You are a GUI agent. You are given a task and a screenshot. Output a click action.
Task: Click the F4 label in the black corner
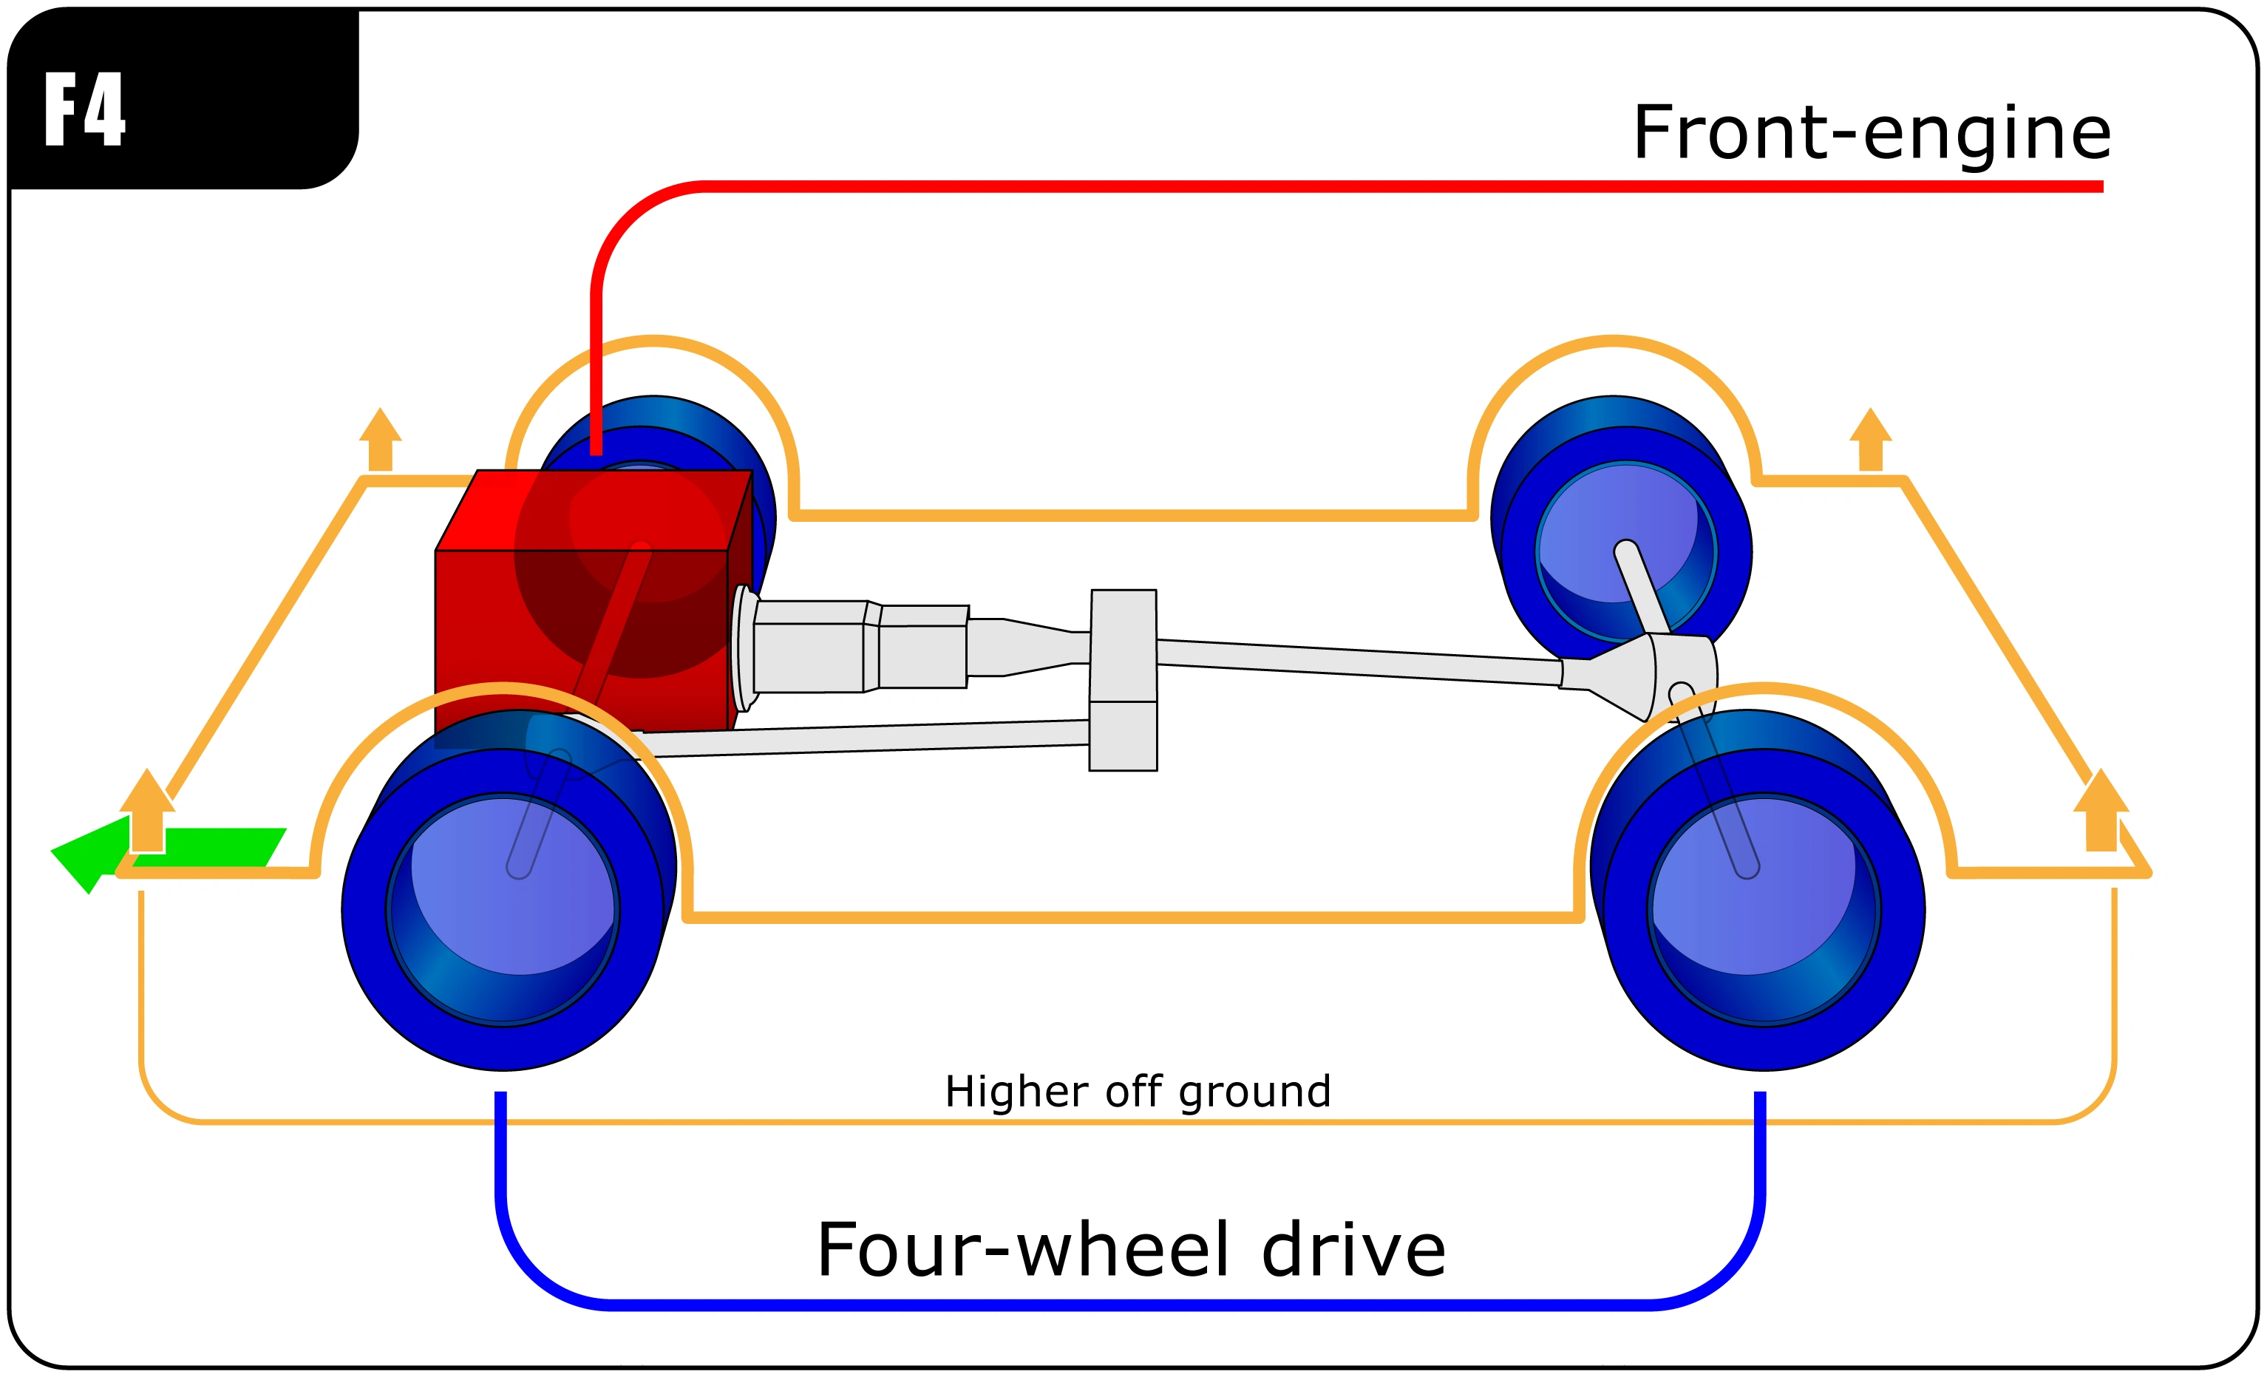pyautogui.click(x=85, y=109)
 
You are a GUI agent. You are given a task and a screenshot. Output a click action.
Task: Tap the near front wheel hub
pyautogui.click(x=503, y=909)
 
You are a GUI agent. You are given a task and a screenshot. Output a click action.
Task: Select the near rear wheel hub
pyautogui.click(x=1764, y=909)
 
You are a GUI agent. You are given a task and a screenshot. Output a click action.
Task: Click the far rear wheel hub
pyautogui.click(x=1625, y=551)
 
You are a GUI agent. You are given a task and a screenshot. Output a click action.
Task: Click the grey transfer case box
pyautogui.click(x=1124, y=680)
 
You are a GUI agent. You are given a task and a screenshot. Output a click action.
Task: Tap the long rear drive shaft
pyautogui.click(x=1359, y=662)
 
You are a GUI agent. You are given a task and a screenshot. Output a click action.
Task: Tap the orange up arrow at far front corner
pyautogui.click(x=380, y=439)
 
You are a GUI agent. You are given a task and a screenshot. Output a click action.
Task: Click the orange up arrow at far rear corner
pyautogui.click(x=1871, y=439)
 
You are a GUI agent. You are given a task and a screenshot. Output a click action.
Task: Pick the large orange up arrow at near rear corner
pyautogui.click(x=2101, y=809)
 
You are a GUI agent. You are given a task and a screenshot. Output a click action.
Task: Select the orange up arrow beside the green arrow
pyautogui.click(x=147, y=809)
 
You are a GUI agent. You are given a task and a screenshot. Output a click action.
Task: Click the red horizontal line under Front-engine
pyautogui.click(x=1403, y=187)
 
